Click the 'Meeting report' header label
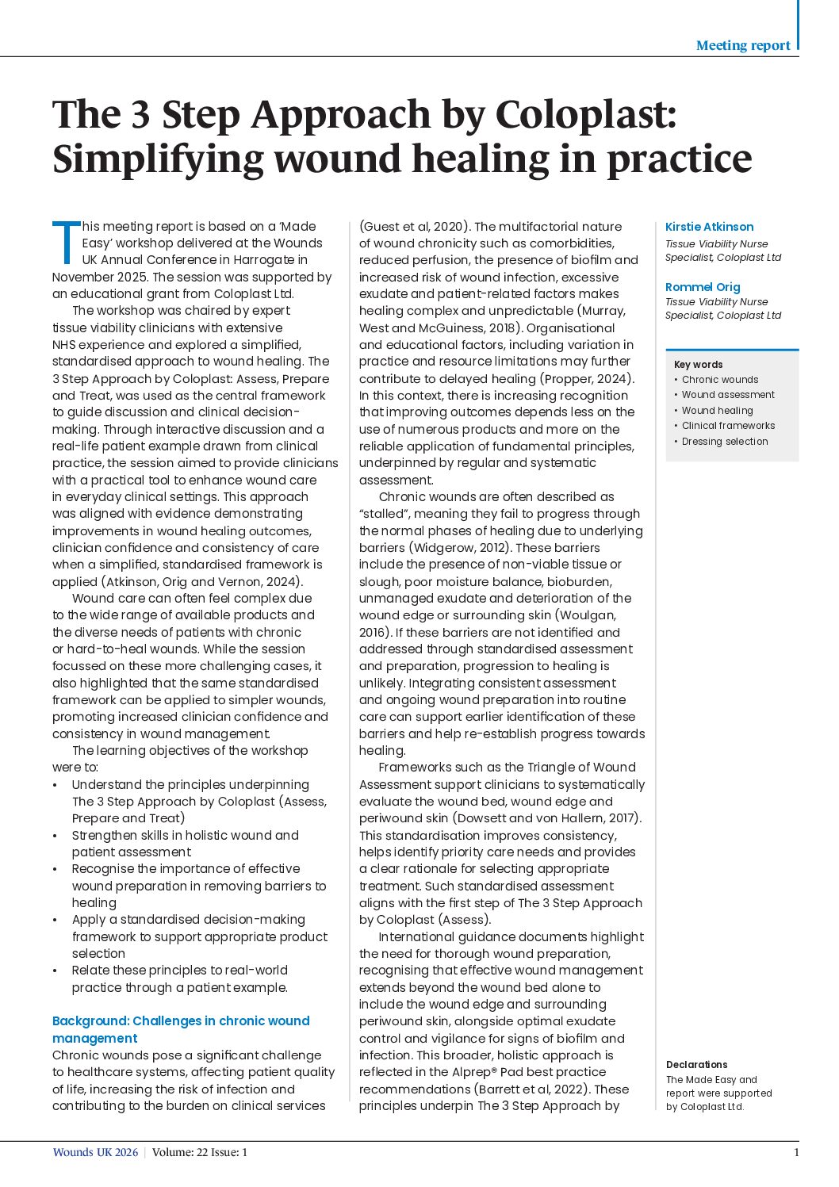click(742, 45)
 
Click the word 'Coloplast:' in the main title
click(586, 114)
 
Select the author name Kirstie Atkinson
click(709, 227)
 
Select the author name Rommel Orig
click(703, 287)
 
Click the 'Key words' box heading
click(698, 365)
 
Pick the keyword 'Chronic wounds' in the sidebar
click(719, 380)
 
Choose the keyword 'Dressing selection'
click(724, 442)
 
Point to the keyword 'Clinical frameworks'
click(728, 426)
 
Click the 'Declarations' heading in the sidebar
click(696, 1065)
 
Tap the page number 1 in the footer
click(795, 1152)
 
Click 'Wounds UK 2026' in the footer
click(95, 1152)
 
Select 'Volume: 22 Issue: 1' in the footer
click(200, 1152)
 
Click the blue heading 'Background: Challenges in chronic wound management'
click(181, 1029)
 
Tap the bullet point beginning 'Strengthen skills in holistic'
click(185, 844)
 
